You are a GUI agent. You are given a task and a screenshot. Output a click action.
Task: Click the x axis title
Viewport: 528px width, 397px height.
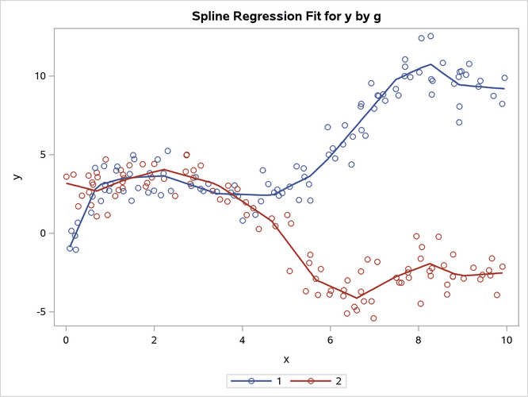coord(285,360)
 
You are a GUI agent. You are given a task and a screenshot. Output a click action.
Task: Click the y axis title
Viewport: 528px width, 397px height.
coord(17,177)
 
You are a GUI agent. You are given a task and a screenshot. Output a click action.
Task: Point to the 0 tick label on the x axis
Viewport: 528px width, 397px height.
coord(67,340)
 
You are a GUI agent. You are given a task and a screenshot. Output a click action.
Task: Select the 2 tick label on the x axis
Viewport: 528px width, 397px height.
coord(154,340)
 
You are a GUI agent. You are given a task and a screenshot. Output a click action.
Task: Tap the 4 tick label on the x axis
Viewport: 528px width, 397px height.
coord(242,340)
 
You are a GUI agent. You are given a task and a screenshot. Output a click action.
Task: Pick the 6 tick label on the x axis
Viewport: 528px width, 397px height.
coord(330,340)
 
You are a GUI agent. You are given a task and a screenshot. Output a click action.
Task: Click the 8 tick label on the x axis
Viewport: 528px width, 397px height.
coord(418,340)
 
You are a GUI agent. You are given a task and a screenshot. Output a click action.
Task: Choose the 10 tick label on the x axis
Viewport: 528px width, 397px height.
coord(505,340)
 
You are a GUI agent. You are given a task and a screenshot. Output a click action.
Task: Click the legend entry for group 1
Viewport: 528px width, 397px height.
coord(262,382)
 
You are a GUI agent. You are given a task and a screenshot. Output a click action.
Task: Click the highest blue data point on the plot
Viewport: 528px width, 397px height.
coord(430,36)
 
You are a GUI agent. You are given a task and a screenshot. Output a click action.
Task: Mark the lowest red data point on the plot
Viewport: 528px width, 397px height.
coord(373,318)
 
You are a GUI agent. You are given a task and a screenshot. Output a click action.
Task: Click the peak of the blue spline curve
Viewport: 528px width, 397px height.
coord(430,64)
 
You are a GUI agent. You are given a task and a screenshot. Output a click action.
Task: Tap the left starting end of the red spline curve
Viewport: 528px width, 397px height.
coord(67,183)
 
